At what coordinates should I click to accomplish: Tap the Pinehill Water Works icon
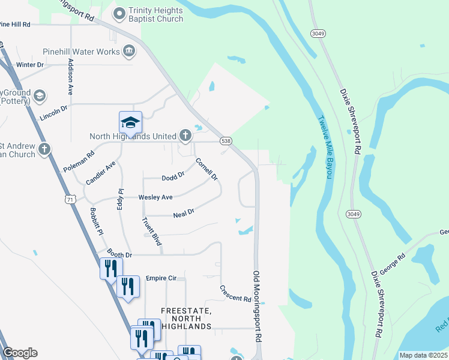click(x=128, y=52)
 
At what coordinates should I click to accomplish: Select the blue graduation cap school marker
click(x=130, y=122)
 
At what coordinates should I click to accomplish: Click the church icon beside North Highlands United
click(x=184, y=136)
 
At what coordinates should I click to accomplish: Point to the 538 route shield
click(x=226, y=141)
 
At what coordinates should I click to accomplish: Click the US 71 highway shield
click(x=71, y=199)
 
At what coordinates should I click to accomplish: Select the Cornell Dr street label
click(x=206, y=170)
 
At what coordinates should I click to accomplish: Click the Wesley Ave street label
click(x=155, y=197)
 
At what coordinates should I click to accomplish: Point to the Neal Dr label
click(x=183, y=212)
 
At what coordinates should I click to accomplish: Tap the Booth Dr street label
click(x=119, y=255)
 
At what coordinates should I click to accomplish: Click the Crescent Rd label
click(x=235, y=294)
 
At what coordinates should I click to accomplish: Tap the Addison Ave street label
click(x=70, y=77)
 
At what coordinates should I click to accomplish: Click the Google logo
click(x=20, y=353)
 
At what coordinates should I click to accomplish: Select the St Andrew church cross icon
click(x=44, y=149)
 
